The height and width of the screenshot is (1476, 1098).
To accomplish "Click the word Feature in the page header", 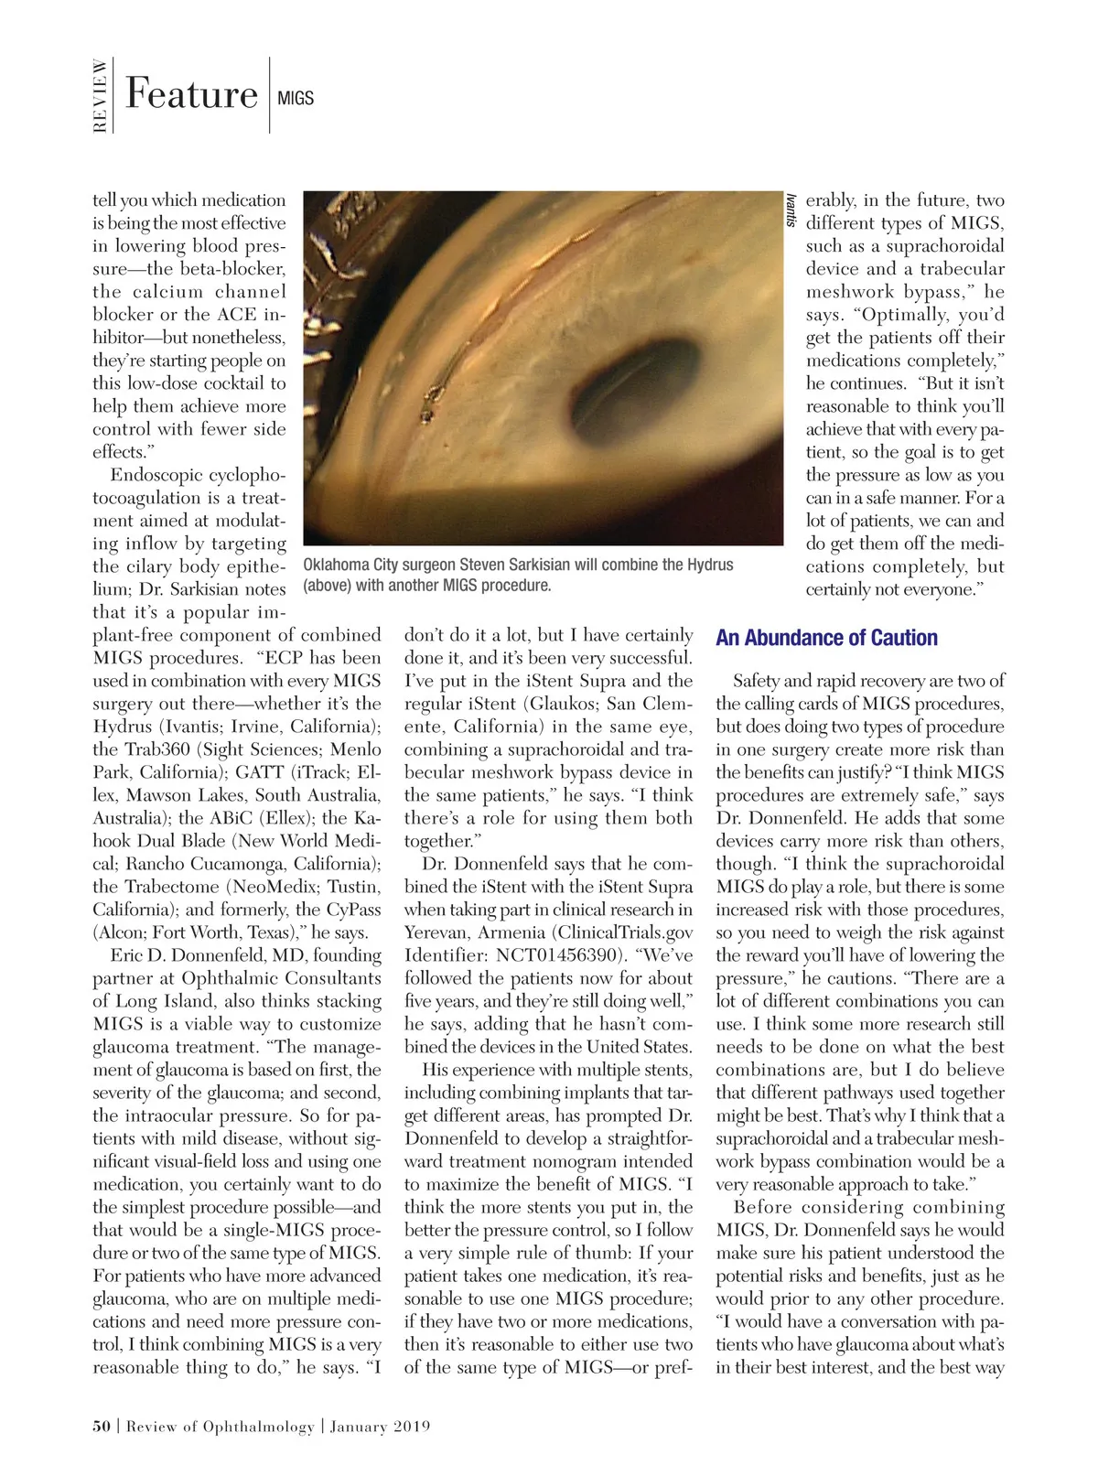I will click(191, 94).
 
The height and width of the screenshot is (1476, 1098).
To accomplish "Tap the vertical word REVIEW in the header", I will click(100, 95).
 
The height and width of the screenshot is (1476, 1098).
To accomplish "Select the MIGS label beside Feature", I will click(295, 98).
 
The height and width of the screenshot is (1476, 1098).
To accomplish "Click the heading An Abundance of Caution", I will click(826, 638).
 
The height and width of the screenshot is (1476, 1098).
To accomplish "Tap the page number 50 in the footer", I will click(102, 1426).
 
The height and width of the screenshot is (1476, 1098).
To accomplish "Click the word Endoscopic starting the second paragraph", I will click(156, 475).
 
